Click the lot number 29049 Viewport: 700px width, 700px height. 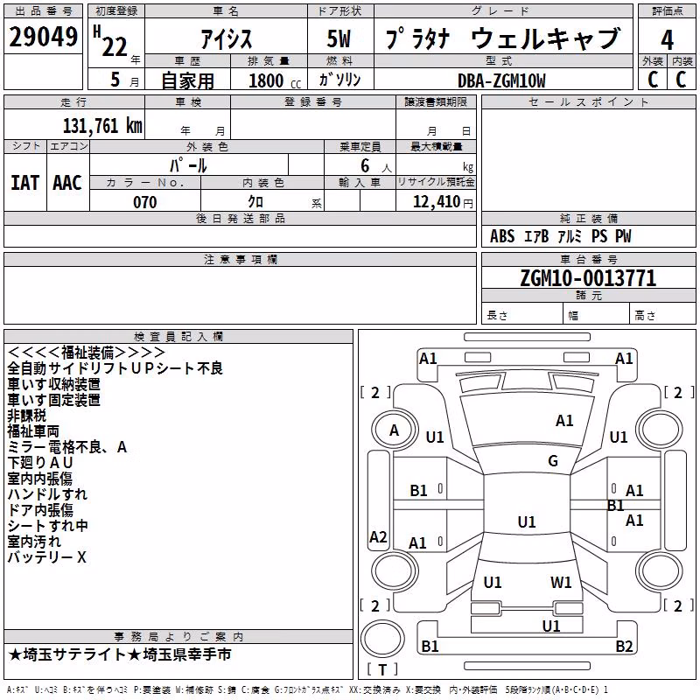tap(43, 37)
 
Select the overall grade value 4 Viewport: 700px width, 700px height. tap(667, 39)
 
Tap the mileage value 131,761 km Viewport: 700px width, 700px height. tap(102, 126)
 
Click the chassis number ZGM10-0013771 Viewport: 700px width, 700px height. tap(588, 278)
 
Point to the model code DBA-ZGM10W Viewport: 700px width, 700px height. tap(501, 80)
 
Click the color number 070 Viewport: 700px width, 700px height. tap(145, 202)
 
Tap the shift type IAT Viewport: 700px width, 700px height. tap(24, 183)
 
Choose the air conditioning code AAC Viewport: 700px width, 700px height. tap(67, 183)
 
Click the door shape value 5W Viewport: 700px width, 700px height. tap(339, 38)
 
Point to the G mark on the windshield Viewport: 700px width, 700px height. tap(553, 460)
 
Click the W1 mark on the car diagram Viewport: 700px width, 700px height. tap(561, 582)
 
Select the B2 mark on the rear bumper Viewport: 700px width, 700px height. tap(624, 646)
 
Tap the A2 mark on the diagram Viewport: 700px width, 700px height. tap(378, 536)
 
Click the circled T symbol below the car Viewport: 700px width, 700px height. tap(382, 639)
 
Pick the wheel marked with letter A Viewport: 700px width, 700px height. tap(394, 430)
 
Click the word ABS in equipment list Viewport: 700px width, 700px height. tap(502, 236)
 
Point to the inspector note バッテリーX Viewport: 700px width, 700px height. tap(47, 557)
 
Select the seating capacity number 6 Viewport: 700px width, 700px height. tap(365, 165)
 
